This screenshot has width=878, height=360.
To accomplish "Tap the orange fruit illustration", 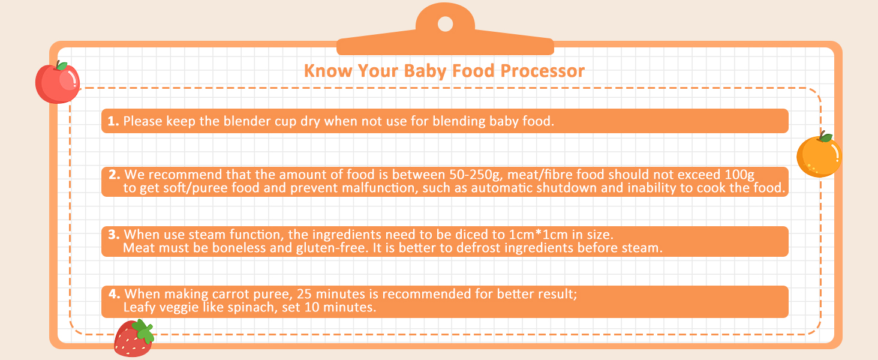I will (x=819, y=157).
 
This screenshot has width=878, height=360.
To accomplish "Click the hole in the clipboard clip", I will (x=445, y=24).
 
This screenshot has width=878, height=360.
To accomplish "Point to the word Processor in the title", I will (x=543, y=71).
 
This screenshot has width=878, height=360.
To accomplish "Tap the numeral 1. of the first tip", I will (x=113, y=121).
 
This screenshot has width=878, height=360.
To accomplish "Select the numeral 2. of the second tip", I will (x=115, y=175).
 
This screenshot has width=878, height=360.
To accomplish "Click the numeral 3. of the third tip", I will (x=115, y=235).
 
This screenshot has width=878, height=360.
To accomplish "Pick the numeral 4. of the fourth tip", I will (x=115, y=294).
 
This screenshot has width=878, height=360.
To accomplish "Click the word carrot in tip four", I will (x=231, y=294).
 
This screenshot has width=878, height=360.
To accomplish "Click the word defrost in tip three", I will (x=482, y=248).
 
